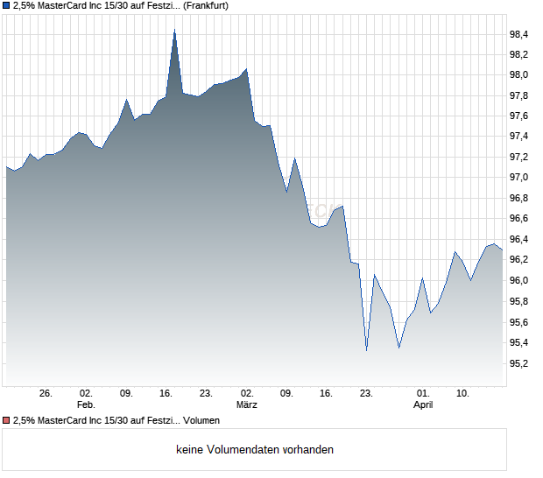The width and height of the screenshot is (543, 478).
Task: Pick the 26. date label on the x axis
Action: (x=46, y=394)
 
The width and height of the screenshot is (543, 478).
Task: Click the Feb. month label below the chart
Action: (x=86, y=405)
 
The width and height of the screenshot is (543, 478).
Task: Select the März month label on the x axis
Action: (x=247, y=405)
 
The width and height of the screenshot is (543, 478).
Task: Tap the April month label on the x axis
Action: (x=423, y=405)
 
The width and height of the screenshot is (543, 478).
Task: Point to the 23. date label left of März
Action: (x=206, y=394)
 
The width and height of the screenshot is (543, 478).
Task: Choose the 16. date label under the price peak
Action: (x=166, y=394)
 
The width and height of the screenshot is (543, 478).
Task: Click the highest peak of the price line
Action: (x=174, y=31)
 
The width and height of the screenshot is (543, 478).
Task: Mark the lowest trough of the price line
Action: (x=366, y=350)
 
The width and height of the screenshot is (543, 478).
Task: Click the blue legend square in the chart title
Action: (x=6, y=6)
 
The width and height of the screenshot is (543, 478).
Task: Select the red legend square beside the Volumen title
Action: (x=6, y=421)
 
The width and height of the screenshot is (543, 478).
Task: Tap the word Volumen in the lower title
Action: (x=202, y=421)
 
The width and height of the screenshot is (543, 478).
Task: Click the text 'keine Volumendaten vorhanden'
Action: (x=255, y=450)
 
